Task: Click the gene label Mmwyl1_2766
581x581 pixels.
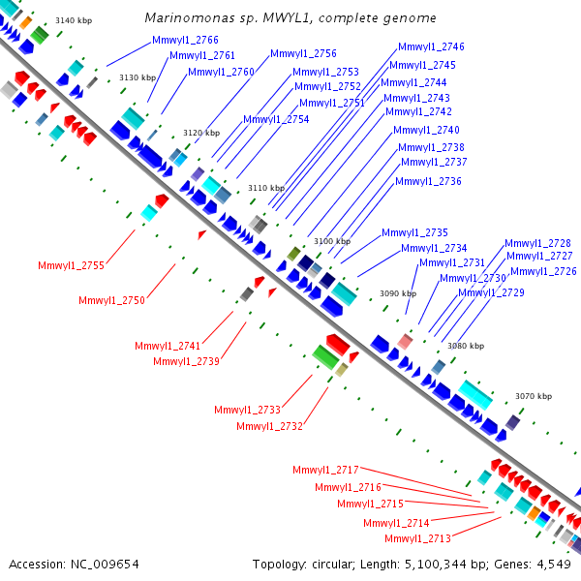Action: pos(185,40)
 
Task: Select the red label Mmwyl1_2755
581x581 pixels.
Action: pos(71,265)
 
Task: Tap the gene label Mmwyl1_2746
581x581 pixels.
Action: pos(431,46)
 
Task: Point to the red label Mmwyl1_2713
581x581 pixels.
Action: pos(417,538)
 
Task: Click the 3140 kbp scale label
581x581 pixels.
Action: pos(74,20)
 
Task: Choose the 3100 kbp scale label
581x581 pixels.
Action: pos(332,241)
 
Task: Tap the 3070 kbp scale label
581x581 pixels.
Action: pos(534,396)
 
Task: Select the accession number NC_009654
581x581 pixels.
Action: pos(105,565)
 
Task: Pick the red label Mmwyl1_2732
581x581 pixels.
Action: pos(270,426)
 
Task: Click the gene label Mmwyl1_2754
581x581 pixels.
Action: pos(276,119)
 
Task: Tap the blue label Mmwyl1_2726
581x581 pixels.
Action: pos(543,271)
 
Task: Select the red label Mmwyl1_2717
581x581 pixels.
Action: pos(325,470)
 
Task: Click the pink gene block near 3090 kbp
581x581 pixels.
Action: pos(405,341)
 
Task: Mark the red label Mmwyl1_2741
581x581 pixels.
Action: pos(168,346)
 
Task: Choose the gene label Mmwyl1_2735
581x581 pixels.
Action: pos(415,232)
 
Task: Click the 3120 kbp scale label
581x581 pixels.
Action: pos(201,133)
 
